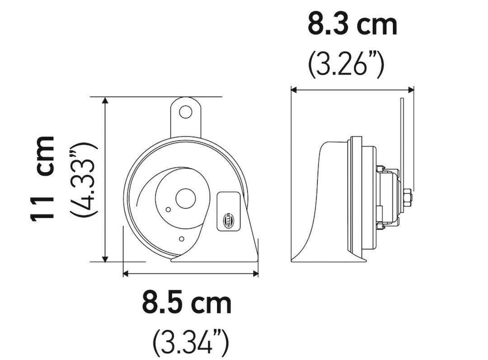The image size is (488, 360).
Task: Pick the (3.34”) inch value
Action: pos(191,344)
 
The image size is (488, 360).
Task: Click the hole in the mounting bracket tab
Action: pos(185,112)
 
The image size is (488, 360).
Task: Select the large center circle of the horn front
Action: pos(185,199)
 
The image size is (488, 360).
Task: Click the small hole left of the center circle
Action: pos(168,210)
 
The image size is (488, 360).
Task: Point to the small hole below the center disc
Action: pos(182,238)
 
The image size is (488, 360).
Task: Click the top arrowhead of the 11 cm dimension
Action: pos(106,100)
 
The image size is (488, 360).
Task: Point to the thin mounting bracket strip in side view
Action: pos(402,136)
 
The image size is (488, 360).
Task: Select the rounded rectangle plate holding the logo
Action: pos(228,211)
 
